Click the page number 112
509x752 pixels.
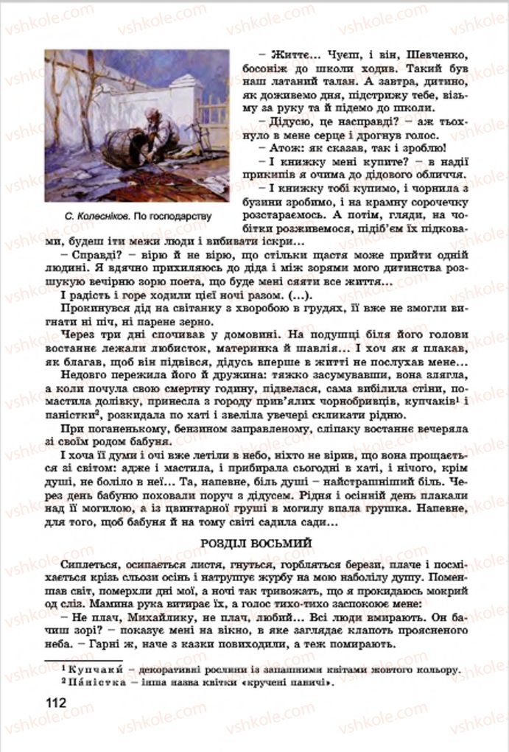point(55,702)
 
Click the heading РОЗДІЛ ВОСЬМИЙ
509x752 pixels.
point(254,543)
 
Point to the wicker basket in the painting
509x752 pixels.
point(122,147)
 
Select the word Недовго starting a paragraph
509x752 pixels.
point(87,376)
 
